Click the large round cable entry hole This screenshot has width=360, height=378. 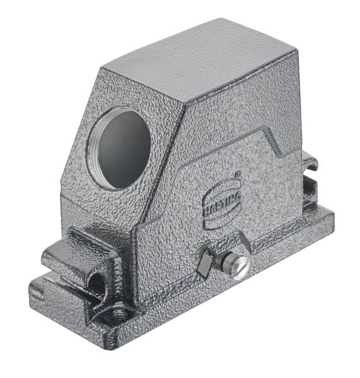click(x=118, y=149)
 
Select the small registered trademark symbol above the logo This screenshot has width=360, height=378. click(x=238, y=174)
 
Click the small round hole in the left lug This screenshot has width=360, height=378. click(x=96, y=285)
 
